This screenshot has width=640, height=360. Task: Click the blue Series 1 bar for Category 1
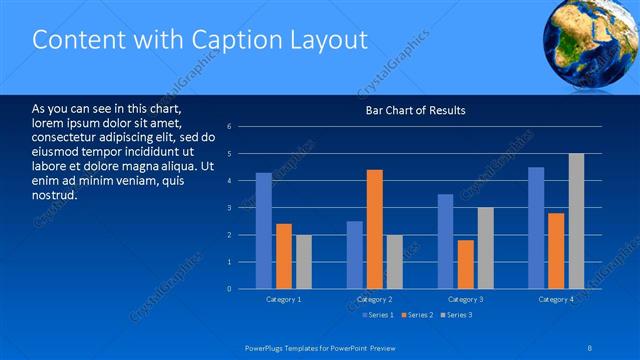(263, 231)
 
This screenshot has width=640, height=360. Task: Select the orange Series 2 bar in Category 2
(375, 229)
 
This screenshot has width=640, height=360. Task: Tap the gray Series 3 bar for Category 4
(577, 221)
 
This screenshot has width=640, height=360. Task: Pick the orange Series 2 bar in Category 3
(466, 264)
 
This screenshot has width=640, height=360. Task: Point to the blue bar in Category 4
(536, 228)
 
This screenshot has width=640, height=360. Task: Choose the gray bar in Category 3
(486, 248)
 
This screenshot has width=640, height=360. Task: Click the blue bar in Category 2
(355, 255)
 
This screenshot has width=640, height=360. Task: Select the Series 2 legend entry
(418, 315)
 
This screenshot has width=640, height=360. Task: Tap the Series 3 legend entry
(457, 315)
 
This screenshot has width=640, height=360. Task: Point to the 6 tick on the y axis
(230, 127)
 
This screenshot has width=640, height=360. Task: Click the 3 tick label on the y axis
(230, 208)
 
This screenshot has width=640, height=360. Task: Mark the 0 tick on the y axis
(230, 289)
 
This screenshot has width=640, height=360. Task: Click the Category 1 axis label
(284, 300)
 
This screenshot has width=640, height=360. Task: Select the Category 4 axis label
(556, 300)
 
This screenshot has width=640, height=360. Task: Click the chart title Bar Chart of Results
(415, 110)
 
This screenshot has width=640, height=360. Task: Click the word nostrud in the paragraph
(55, 194)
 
